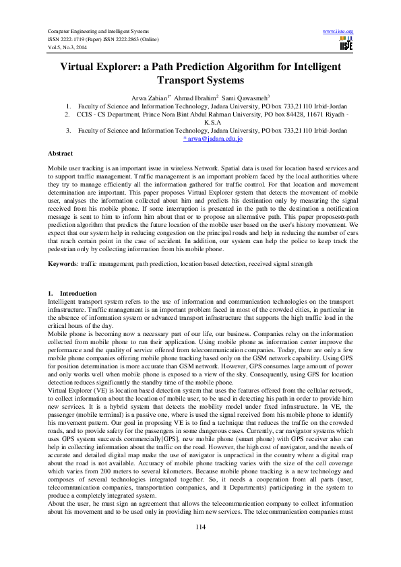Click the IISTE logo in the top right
click(x=346, y=43)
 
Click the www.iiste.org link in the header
click(x=339, y=32)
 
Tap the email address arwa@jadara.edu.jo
click(x=214, y=138)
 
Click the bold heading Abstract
click(x=61, y=154)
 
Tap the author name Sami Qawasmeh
click(x=244, y=98)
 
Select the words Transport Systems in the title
click(x=200, y=80)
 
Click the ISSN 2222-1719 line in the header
click(x=75, y=39)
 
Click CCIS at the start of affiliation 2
click(x=85, y=114)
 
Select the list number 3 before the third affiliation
click(x=68, y=130)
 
